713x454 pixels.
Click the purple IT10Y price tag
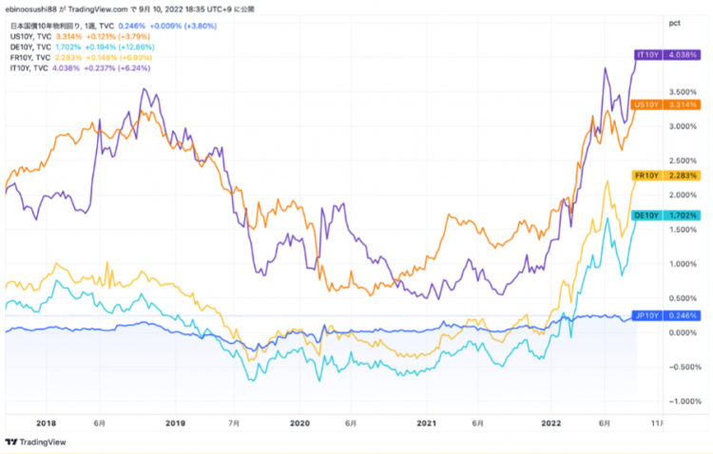[667, 55]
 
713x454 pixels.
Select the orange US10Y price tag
[665, 105]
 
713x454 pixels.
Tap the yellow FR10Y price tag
[665, 176]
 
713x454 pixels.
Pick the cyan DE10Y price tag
[665, 216]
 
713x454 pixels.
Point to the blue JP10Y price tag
[665, 315]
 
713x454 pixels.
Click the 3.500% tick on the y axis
[683, 92]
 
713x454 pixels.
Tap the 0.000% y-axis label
[683, 332]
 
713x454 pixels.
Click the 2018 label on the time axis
[46, 423]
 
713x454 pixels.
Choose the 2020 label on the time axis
[299, 423]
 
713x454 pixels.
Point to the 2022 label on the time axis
[551, 423]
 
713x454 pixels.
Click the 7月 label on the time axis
[234, 423]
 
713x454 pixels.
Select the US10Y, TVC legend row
[80, 36]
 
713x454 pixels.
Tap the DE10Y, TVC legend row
[83, 47]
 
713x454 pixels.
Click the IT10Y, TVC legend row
[80, 68]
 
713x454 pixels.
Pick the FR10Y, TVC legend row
[81, 58]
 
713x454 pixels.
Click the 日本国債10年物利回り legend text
[46, 26]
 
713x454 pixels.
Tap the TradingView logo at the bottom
[35, 443]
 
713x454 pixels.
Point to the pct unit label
[675, 23]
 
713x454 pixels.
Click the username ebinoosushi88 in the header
[30, 9]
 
